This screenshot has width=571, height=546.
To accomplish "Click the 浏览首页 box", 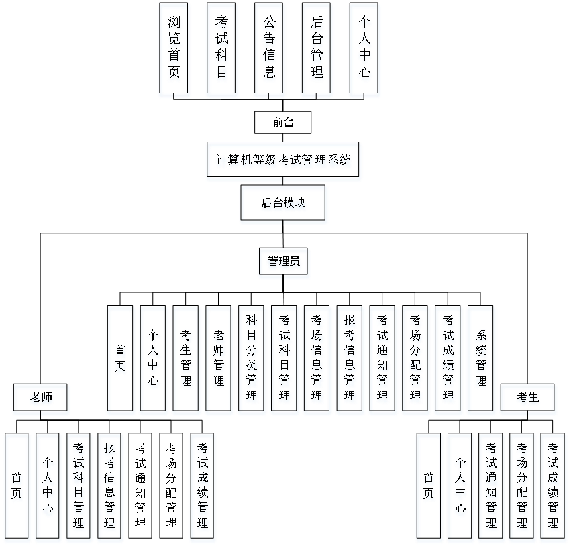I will click(174, 50).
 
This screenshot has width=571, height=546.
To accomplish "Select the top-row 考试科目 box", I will click(222, 50).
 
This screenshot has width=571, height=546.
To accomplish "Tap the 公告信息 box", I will click(270, 50).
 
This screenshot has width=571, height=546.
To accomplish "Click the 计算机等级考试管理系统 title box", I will click(284, 162).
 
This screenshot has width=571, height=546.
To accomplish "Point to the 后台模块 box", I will click(284, 205).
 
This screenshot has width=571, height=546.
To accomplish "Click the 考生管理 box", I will click(187, 360).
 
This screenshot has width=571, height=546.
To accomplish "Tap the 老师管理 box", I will click(219, 360).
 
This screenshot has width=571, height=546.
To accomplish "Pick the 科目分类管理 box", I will click(252, 360).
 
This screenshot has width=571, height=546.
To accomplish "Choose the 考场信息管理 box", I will click(317, 360).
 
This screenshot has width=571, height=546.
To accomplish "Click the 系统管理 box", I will click(481, 360).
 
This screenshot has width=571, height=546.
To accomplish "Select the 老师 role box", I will click(42, 399).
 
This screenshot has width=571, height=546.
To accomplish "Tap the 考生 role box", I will click(528, 399).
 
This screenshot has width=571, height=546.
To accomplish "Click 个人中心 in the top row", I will click(365, 50).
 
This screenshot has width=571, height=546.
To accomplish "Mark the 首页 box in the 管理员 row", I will click(121, 360).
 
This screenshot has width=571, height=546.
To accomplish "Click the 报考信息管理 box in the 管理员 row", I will click(350, 360).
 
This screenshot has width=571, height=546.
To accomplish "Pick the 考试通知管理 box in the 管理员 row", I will click(382, 360).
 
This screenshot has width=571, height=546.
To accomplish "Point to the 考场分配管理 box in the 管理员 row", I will click(415, 360).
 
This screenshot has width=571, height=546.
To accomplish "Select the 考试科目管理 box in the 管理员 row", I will click(284, 360).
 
